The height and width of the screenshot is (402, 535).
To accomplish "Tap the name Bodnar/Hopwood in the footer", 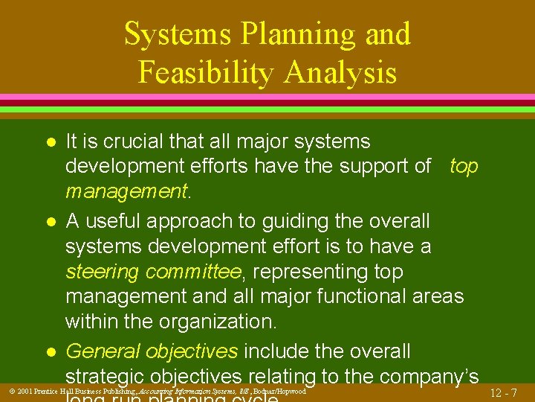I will tap(279, 391).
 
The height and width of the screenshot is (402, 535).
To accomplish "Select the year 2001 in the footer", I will tap(24, 391).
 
